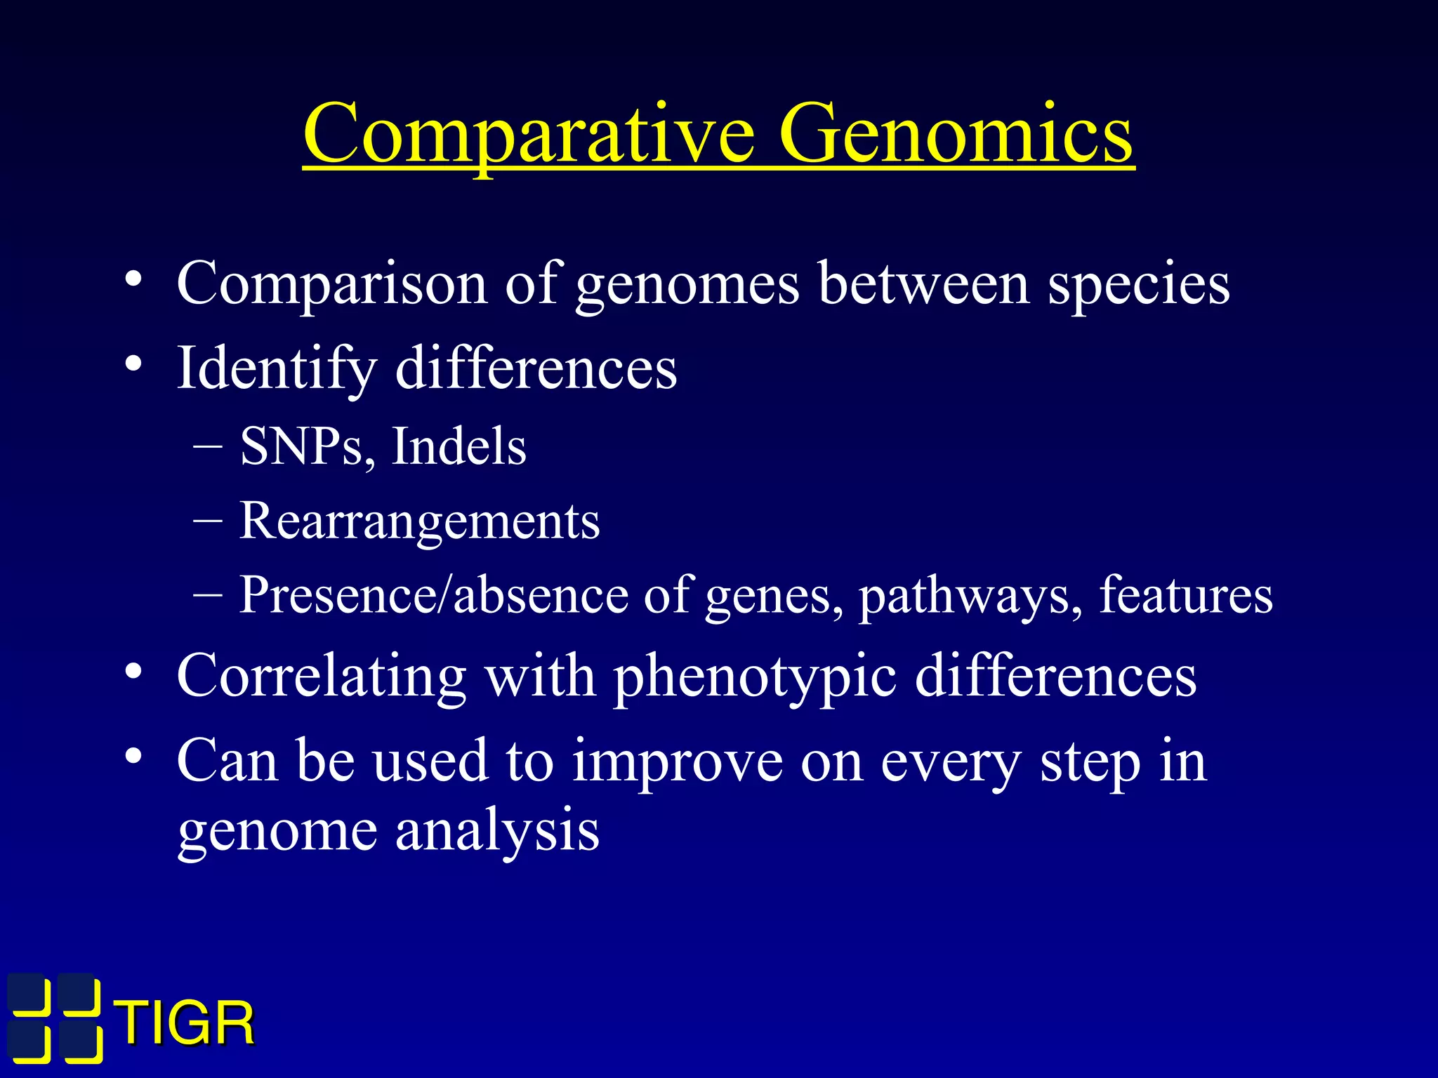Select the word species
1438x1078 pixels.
[x=1138, y=284]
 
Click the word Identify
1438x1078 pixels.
[x=277, y=368]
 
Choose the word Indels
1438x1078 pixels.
[x=459, y=446]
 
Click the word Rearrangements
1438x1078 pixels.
[x=419, y=521]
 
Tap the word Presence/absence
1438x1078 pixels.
[x=433, y=595]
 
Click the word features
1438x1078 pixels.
[x=1185, y=595]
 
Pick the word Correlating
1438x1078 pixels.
[x=322, y=676]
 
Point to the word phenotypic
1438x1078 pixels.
[x=755, y=676]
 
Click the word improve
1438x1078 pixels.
[x=677, y=761]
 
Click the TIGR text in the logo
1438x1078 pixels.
[x=185, y=1024]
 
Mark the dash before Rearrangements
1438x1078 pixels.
[x=208, y=521]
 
